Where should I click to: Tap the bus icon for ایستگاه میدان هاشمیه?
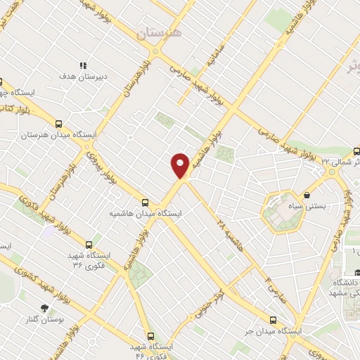pyautogui.click(x=146, y=202)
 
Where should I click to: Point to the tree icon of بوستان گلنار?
pyautogui.click(x=45, y=308)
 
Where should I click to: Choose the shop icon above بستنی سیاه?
pyautogui.click(x=306, y=195)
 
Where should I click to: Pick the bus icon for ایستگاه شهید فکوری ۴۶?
pyautogui.click(x=150, y=335)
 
